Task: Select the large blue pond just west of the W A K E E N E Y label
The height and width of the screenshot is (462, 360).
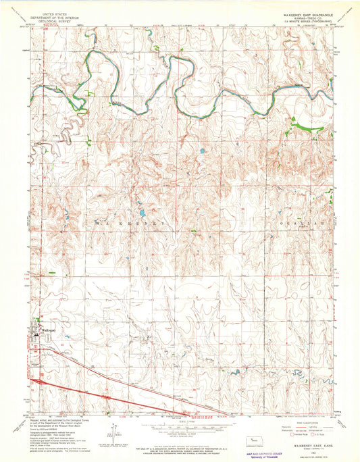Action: click(140, 210)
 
